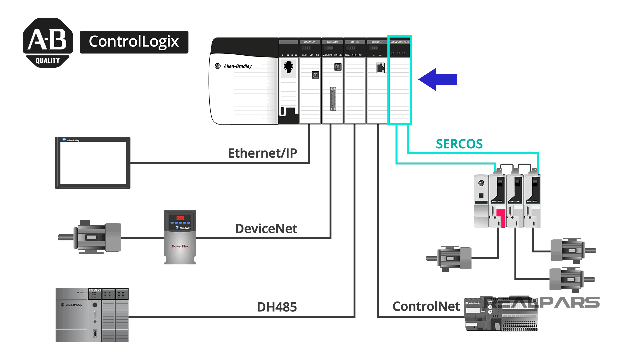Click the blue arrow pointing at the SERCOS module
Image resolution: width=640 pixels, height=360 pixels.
pyautogui.click(x=438, y=79)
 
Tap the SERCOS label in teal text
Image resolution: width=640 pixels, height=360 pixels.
pyautogui.click(x=459, y=144)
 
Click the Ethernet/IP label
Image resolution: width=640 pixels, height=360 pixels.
pyautogui.click(x=262, y=153)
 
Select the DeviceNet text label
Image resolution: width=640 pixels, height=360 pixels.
pyautogui.click(x=266, y=229)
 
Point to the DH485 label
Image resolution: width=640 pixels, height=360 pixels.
pyautogui.click(x=277, y=307)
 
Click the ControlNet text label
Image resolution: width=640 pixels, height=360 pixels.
pyautogui.click(x=426, y=306)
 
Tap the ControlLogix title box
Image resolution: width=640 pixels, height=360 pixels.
pyautogui.click(x=134, y=42)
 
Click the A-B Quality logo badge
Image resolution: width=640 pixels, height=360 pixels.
pyautogui.click(x=48, y=43)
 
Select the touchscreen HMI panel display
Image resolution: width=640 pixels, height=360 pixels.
pyautogui.click(x=93, y=163)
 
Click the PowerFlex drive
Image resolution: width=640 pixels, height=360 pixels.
pyautogui.click(x=180, y=237)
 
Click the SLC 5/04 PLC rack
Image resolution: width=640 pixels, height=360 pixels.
pyautogui.click(x=92, y=315)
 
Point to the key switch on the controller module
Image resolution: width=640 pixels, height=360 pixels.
pyautogui.click(x=288, y=67)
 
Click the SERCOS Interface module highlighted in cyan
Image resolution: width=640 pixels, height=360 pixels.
pyautogui.click(x=400, y=80)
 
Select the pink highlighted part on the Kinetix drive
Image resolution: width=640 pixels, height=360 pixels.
pyautogui.click(x=501, y=217)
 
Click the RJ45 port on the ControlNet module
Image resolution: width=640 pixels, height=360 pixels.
pyautogui.click(x=380, y=68)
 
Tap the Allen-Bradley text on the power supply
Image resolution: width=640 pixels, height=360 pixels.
pyautogui.click(x=237, y=66)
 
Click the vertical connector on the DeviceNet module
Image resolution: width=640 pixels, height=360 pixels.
pyautogui.click(x=333, y=99)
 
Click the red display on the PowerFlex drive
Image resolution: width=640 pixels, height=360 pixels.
pyautogui.click(x=180, y=218)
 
